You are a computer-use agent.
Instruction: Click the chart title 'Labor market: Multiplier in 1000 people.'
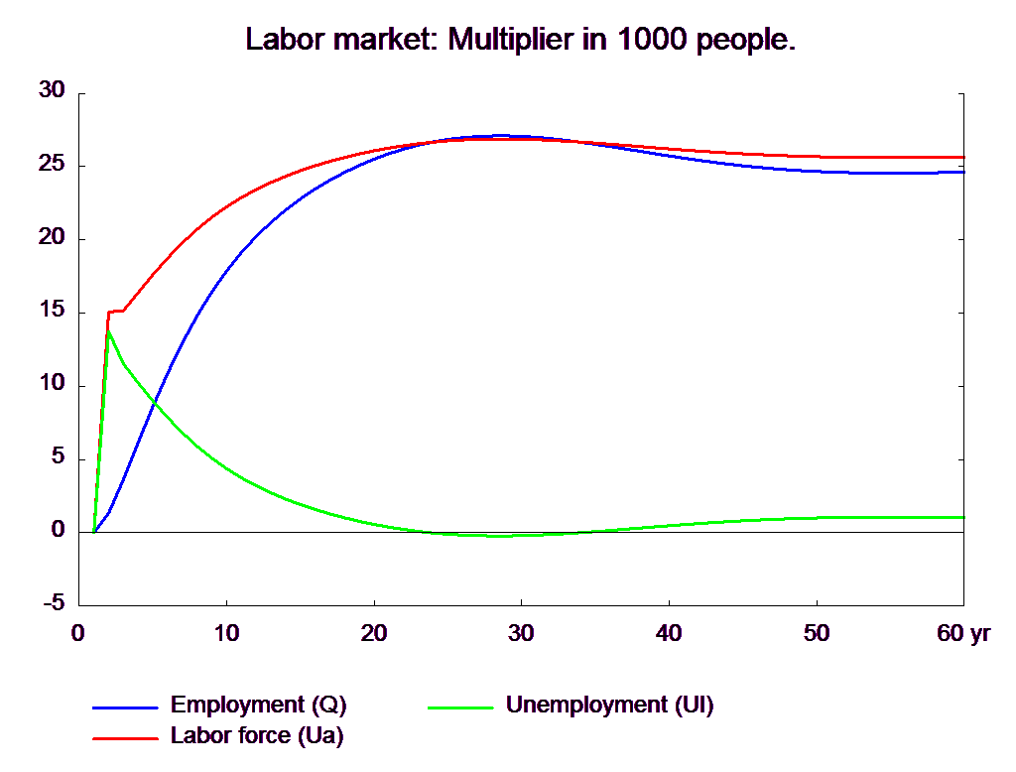520,40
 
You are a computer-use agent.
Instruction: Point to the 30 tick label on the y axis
52,90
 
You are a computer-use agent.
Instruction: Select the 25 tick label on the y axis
52,164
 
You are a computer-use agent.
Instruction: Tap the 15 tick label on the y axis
52,310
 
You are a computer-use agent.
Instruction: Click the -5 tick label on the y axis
54,603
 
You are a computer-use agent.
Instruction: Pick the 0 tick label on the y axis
59,530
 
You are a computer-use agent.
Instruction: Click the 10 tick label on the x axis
227,633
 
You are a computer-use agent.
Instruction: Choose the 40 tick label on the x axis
669,633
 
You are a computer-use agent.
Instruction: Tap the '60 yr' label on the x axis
963,633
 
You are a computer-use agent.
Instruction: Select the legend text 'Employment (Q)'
259,705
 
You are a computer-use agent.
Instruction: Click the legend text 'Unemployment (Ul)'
610,705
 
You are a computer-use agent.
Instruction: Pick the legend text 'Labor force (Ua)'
257,735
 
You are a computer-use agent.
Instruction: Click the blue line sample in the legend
125,708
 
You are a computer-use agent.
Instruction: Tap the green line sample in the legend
460,708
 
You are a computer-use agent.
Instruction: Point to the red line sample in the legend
125,738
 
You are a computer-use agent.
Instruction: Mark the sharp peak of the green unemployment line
109,331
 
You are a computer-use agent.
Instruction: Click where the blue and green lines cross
154,403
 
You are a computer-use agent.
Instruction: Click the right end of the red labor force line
963,157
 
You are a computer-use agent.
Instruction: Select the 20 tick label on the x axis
374,633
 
